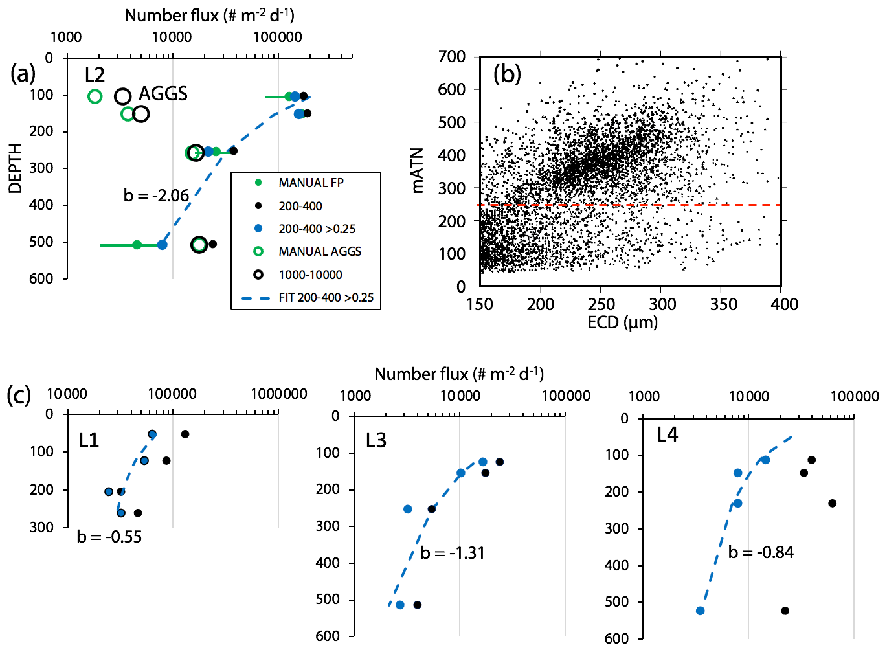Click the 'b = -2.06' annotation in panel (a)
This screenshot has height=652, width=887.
[x=156, y=196]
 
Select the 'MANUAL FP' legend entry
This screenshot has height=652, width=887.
[x=311, y=183]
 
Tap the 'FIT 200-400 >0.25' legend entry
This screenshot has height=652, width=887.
[x=326, y=298]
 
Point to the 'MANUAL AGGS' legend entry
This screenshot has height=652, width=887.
[x=320, y=252]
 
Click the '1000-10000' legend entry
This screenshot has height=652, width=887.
[x=310, y=275]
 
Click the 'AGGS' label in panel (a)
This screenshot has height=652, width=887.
[x=163, y=94]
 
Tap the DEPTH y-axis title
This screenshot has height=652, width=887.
[x=16, y=168]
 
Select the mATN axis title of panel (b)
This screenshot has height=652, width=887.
[x=418, y=171]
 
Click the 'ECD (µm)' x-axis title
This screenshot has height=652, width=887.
[x=622, y=322]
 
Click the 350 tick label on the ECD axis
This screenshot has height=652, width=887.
[x=723, y=304]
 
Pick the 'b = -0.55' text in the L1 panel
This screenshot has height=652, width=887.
[x=109, y=537]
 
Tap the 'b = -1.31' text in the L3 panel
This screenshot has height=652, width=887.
[x=453, y=553]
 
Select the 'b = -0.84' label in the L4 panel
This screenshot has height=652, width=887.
[x=761, y=552]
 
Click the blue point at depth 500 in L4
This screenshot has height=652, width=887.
[x=700, y=611]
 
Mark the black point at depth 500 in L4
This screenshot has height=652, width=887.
[x=785, y=611]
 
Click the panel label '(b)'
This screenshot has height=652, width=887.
[x=507, y=74]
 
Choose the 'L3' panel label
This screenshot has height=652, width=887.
[x=376, y=441]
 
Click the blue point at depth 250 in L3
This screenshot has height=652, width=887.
[x=408, y=510]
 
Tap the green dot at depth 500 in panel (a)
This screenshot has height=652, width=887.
[x=137, y=245]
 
